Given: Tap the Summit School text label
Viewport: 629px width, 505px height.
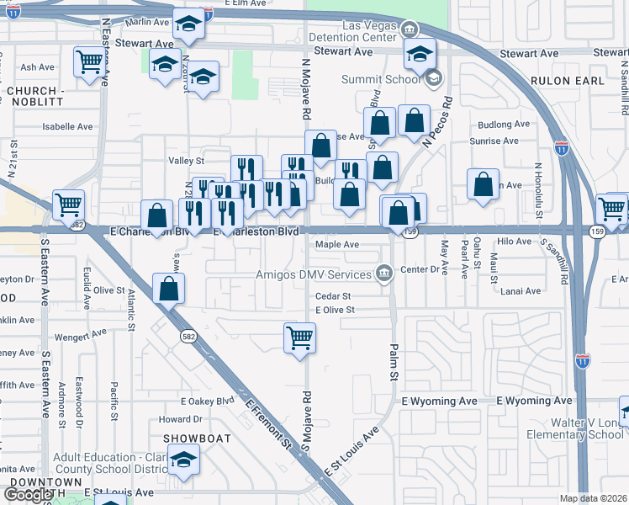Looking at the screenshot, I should click(379, 80).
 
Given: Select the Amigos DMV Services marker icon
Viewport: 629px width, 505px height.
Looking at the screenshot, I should click(384, 273).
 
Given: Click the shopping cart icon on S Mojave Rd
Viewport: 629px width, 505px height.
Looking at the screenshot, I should click(299, 338).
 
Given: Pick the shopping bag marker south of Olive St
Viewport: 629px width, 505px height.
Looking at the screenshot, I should click(169, 288).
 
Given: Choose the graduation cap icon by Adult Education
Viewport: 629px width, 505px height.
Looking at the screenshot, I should click(182, 460).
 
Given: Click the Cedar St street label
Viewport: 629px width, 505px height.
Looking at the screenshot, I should click(332, 296).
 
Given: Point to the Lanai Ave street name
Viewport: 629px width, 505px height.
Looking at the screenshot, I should click(521, 291).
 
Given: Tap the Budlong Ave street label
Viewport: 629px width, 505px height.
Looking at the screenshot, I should click(503, 124).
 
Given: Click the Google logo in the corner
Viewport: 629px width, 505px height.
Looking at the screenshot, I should click(29, 495).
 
